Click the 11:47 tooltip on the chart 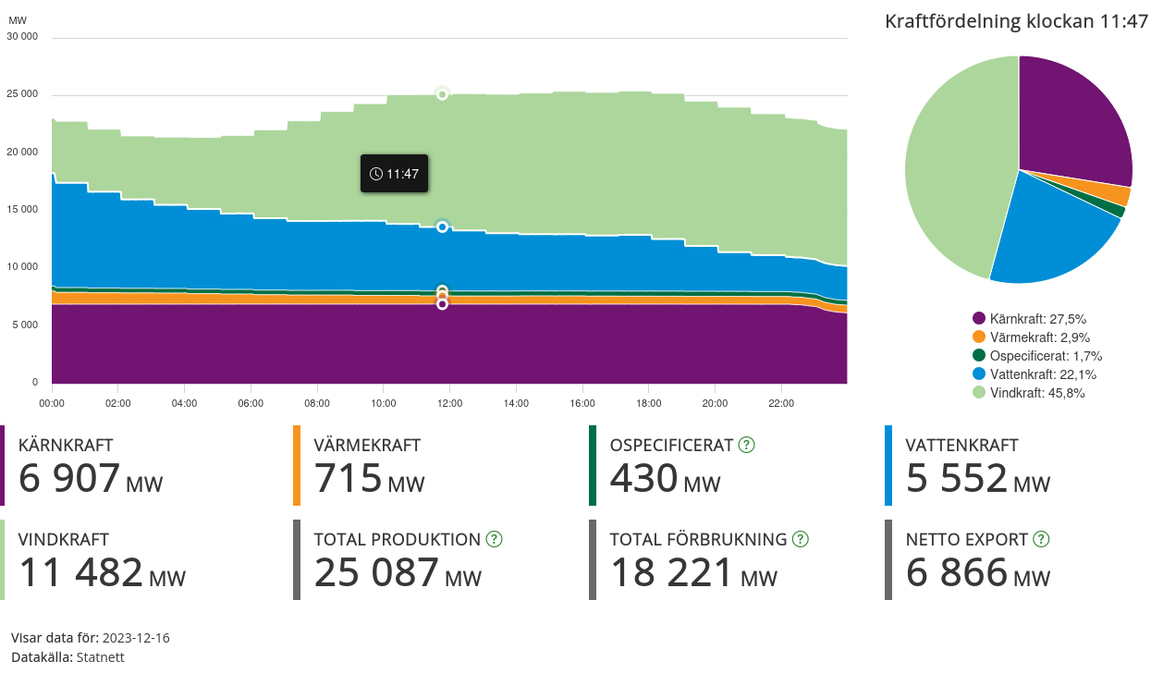394,174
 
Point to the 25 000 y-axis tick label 22,94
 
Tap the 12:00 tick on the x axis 449,403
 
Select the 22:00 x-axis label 781,403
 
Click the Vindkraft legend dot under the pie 979,393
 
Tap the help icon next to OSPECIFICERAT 747,445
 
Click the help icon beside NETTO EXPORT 1041,539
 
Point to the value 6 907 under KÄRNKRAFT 69,479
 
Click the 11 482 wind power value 80,573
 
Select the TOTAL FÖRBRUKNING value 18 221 671,573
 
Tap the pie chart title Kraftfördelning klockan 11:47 1016,21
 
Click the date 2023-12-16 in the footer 136,638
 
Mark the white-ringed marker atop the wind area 442,93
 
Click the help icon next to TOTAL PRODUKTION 494,539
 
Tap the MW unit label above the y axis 18,19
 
